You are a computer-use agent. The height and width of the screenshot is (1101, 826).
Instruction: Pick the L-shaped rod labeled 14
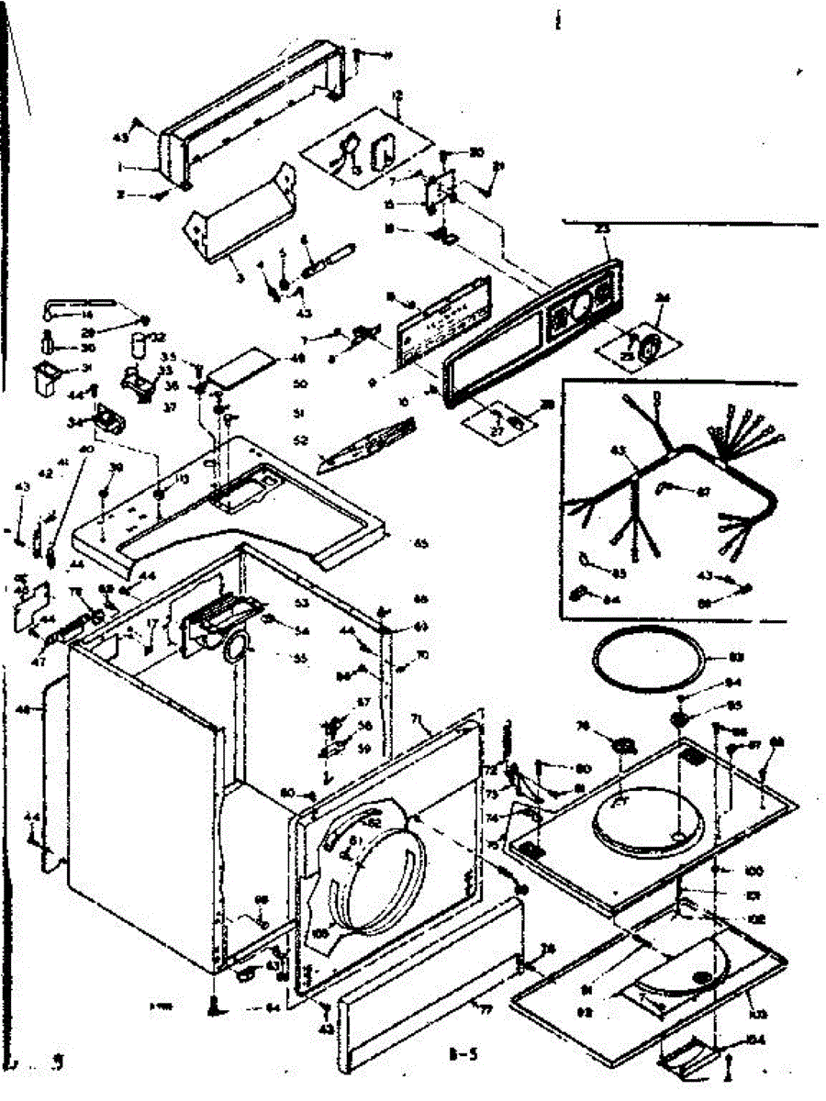[x=78, y=305]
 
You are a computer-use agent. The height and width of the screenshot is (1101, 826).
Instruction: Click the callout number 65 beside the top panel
[x=421, y=544]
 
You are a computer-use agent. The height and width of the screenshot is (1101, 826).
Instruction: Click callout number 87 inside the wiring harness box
[x=703, y=492]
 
